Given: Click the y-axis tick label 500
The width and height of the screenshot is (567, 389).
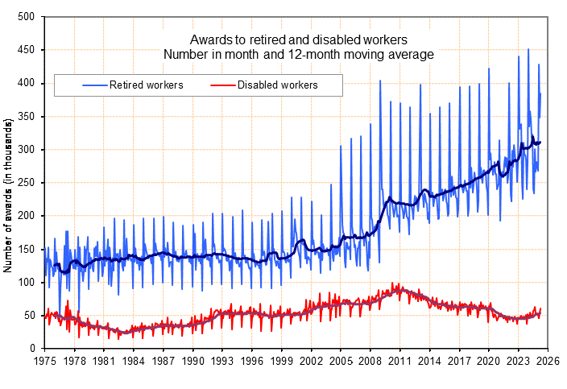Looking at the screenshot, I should click(26, 17).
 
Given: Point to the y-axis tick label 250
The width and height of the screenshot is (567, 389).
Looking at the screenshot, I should click(26, 183).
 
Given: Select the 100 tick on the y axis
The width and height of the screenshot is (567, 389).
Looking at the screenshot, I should click(26, 283).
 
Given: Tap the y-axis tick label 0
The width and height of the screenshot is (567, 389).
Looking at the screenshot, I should click(31, 349).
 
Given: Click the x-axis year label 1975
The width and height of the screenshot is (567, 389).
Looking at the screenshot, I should click(45, 362).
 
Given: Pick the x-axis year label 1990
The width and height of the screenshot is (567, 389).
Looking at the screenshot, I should click(192, 362).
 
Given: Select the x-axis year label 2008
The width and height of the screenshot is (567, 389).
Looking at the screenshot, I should click(370, 362).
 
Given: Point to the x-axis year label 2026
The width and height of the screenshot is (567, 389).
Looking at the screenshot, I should click(547, 362).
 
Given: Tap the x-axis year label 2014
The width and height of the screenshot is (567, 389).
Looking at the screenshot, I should click(428, 362).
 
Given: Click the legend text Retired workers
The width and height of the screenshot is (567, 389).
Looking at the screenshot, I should click(147, 85).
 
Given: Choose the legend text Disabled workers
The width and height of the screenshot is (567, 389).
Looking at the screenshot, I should click(277, 85).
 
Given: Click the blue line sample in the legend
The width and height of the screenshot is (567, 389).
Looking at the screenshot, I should click(94, 85).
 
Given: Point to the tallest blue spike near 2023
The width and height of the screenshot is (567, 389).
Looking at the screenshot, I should click(528, 49).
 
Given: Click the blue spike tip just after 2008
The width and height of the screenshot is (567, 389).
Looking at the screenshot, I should click(380, 81).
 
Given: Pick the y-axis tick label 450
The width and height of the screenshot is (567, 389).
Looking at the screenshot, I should click(26, 50).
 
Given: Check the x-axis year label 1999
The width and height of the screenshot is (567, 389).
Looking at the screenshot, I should click(281, 362).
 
